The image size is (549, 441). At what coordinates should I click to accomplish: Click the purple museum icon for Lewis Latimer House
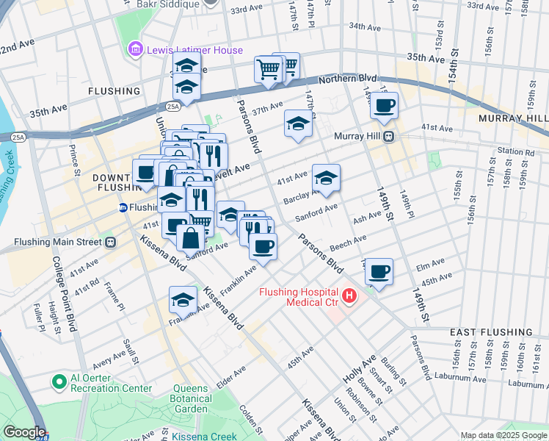click(135, 50)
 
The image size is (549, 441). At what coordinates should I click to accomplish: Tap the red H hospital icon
click(349, 296)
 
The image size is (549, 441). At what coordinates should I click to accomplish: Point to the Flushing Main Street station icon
click(110, 241)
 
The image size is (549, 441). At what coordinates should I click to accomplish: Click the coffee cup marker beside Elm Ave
click(379, 272)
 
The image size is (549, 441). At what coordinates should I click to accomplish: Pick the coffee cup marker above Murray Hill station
click(384, 105)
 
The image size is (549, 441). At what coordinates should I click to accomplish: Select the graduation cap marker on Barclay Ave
click(327, 177)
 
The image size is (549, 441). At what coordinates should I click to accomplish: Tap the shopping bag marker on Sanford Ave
click(191, 237)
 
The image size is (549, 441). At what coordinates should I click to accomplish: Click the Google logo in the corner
click(23, 432)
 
